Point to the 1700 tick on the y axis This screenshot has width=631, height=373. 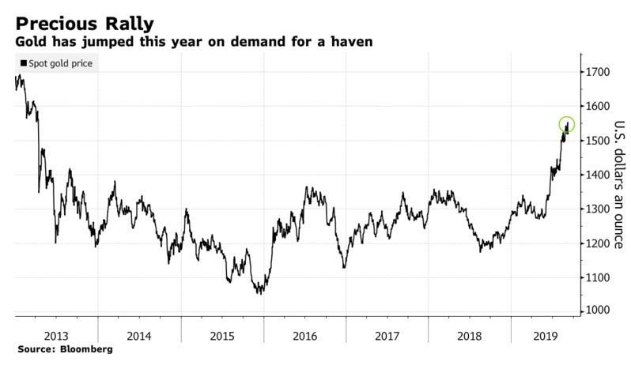coord(599,72)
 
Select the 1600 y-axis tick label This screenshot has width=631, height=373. coord(599,106)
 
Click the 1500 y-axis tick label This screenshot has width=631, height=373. coord(599,141)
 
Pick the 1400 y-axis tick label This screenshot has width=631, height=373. coord(599,175)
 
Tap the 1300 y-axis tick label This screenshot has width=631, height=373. coord(599,209)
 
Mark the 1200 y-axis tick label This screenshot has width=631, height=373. coord(599,243)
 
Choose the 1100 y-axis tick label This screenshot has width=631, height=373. coord(599,277)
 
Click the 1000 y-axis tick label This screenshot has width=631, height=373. coord(599,311)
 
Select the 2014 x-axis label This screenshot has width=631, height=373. coord(139,334)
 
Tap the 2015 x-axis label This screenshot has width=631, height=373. coord(222,334)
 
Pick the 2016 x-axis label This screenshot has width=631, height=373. coord(304,334)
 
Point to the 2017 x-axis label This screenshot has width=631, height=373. coord(387,334)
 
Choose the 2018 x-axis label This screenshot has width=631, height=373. coord(470,334)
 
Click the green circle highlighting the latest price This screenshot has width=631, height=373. coord(567,125)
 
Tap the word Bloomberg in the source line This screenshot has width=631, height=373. coord(86,349)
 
